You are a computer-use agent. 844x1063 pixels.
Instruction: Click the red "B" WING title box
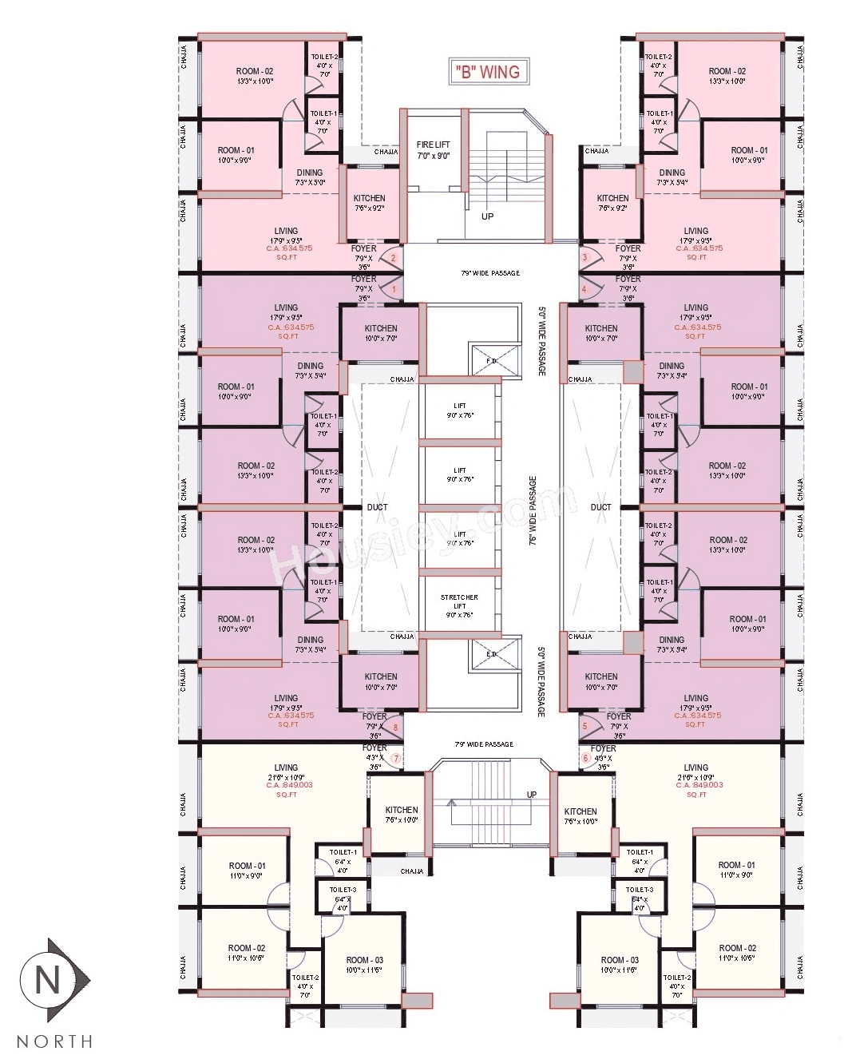click(487, 72)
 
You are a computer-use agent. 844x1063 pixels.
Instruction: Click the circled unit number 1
click(394, 289)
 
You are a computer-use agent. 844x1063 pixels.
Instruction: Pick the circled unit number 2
click(393, 258)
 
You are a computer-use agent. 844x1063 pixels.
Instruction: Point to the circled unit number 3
click(584, 257)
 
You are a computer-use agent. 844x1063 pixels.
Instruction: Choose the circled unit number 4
click(584, 289)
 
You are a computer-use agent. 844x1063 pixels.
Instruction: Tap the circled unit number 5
click(584, 726)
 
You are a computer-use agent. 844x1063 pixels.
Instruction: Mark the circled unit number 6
click(585, 757)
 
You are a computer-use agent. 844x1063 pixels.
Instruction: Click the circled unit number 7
click(395, 757)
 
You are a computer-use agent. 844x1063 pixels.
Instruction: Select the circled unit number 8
click(394, 727)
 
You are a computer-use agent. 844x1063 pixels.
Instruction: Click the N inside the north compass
click(48, 980)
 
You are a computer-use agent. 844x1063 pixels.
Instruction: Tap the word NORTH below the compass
click(54, 1041)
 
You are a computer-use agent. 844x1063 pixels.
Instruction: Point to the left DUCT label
click(377, 507)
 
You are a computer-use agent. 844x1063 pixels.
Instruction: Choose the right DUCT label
click(600, 507)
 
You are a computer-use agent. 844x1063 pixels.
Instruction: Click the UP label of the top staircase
click(487, 216)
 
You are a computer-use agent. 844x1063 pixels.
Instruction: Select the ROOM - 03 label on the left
click(364, 960)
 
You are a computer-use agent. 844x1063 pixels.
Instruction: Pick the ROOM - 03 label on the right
click(620, 960)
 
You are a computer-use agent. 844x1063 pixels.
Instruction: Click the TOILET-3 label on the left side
click(343, 889)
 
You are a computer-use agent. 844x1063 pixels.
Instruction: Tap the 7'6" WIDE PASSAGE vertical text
click(533, 511)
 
